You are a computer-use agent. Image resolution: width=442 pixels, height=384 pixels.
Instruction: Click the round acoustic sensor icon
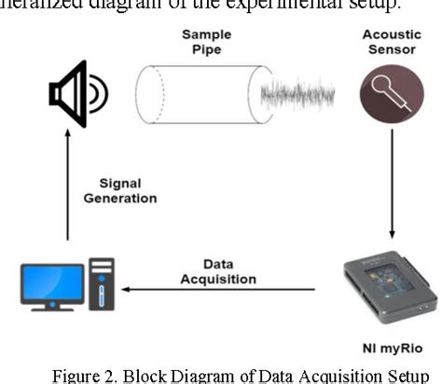pyautogui.click(x=385, y=98)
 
